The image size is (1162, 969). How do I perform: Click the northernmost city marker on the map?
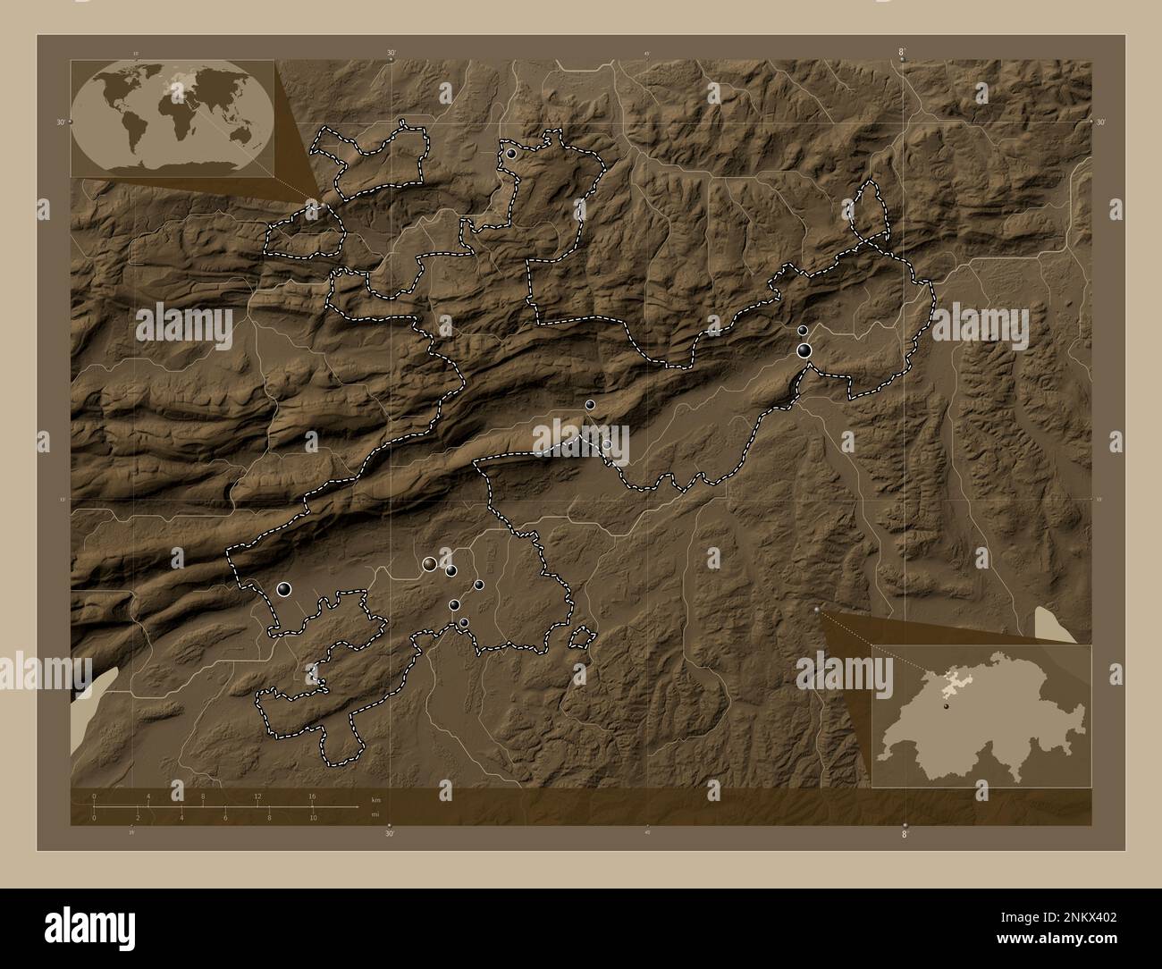pyautogui.click(x=510, y=154)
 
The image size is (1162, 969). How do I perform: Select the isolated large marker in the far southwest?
pyautogui.click(x=284, y=588)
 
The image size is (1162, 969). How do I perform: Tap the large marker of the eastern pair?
pyautogui.click(x=805, y=350)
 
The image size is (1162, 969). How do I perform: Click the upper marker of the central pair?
pyautogui.click(x=590, y=405)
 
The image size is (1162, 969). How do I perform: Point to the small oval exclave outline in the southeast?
pyautogui.click(x=581, y=637)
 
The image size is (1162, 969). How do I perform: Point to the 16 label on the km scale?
pyautogui.click(x=312, y=796)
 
